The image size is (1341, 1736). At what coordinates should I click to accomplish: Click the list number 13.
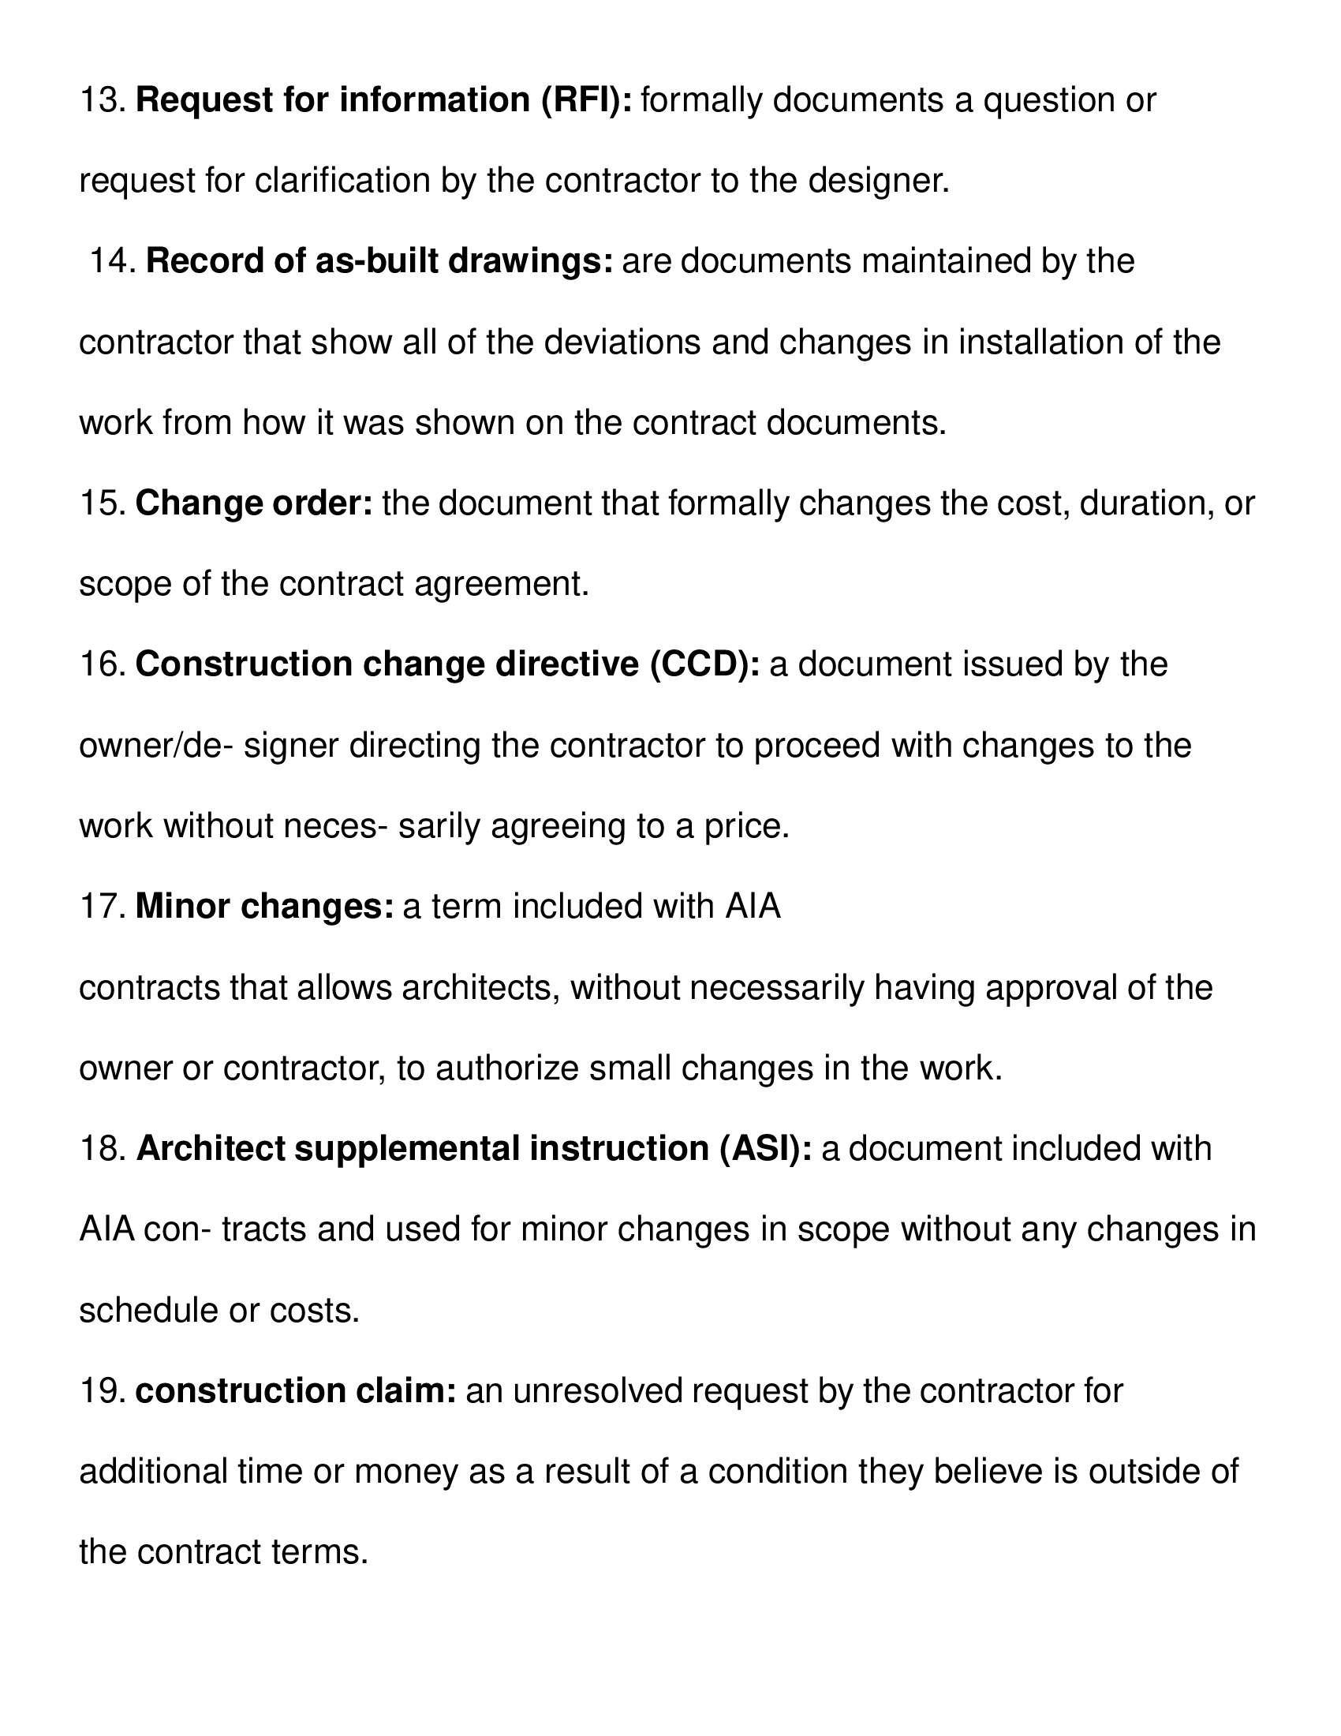click(103, 101)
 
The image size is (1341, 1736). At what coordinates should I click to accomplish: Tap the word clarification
click(342, 181)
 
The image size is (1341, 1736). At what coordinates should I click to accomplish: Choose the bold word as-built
click(376, 261)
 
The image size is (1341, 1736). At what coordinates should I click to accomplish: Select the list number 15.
click(103, 504)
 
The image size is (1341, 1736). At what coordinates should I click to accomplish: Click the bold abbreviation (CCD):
click(704, 664)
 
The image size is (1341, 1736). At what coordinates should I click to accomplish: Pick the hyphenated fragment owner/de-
click(155, 746)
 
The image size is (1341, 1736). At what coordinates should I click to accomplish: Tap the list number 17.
click(103, 907)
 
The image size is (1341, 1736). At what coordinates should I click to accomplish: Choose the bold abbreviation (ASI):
click(765, 1150)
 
